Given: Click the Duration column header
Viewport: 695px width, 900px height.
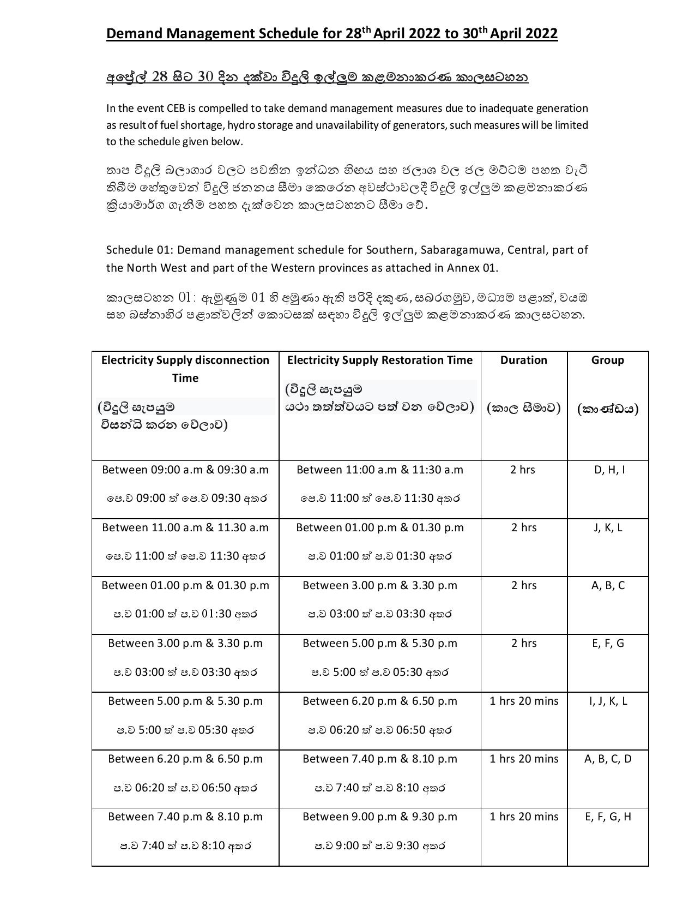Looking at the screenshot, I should (523, 360).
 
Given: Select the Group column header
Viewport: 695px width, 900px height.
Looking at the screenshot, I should (607, 360).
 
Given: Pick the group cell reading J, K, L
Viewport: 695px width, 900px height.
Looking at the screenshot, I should (608, 527).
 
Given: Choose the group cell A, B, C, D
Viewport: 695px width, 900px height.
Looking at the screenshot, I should (608, 759).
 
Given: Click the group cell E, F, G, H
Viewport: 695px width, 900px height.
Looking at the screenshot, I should (608, 817).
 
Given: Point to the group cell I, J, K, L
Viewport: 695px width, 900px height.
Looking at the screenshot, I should (608, 701).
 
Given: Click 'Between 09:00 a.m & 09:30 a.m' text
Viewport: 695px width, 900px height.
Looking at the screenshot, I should (185, 470).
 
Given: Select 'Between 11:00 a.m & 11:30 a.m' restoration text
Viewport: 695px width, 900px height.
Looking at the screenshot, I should (380, 470).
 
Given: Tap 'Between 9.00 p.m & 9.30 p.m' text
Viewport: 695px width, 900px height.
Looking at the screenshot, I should (380, 817).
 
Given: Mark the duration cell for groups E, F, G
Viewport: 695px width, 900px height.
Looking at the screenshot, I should (524, 643).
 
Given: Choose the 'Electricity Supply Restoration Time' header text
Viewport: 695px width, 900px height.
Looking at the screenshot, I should (380, 360).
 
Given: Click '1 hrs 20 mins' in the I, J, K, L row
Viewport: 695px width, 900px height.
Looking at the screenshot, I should (524, 701).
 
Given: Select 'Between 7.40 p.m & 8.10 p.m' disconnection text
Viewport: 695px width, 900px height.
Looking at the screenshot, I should (185, 817).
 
